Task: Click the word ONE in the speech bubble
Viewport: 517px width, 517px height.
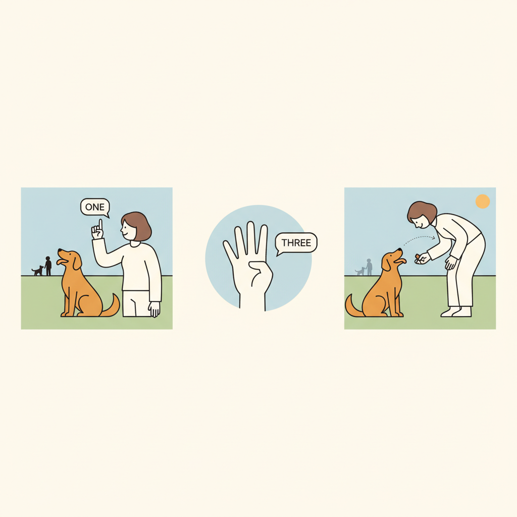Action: click(95, 207)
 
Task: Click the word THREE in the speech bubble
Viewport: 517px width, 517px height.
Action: click(296, 243)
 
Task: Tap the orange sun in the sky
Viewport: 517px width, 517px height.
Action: click(482, 201)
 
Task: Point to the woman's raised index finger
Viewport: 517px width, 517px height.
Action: click(100, 225)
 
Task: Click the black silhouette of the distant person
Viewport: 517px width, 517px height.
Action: click(48, 266)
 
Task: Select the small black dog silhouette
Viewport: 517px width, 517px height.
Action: click(37, 271)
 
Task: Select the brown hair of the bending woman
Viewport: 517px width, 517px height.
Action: click(421, 211)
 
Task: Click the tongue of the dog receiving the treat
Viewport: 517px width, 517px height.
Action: click(401, 261)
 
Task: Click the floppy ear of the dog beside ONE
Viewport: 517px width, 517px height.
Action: click(77, 262)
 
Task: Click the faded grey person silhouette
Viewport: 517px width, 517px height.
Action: click(369, 267)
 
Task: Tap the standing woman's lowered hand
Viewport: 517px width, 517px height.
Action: click(154, 309)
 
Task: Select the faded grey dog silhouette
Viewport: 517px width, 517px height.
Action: click(360, 271)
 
